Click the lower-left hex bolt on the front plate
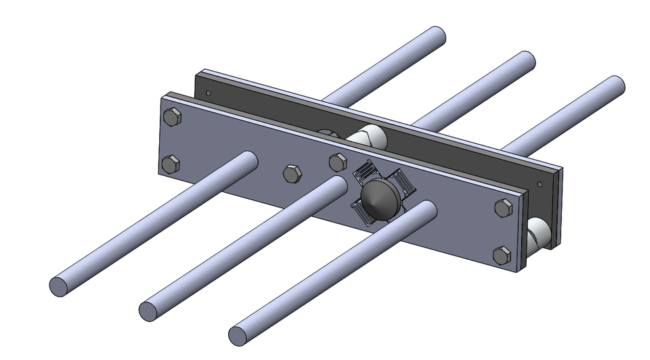coord(172,163)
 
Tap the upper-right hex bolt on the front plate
coord(503,208)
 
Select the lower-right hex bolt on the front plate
coord(502,254)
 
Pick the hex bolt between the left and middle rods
coord(292,173)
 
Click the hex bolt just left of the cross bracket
coord(338,162)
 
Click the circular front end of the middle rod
coord(150,311)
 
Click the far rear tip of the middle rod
coord(525,61)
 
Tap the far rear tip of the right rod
coord(615,86)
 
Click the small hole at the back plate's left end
coord(209,93)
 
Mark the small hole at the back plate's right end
coord(539,183)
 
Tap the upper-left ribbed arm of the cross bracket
coord(365,171)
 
